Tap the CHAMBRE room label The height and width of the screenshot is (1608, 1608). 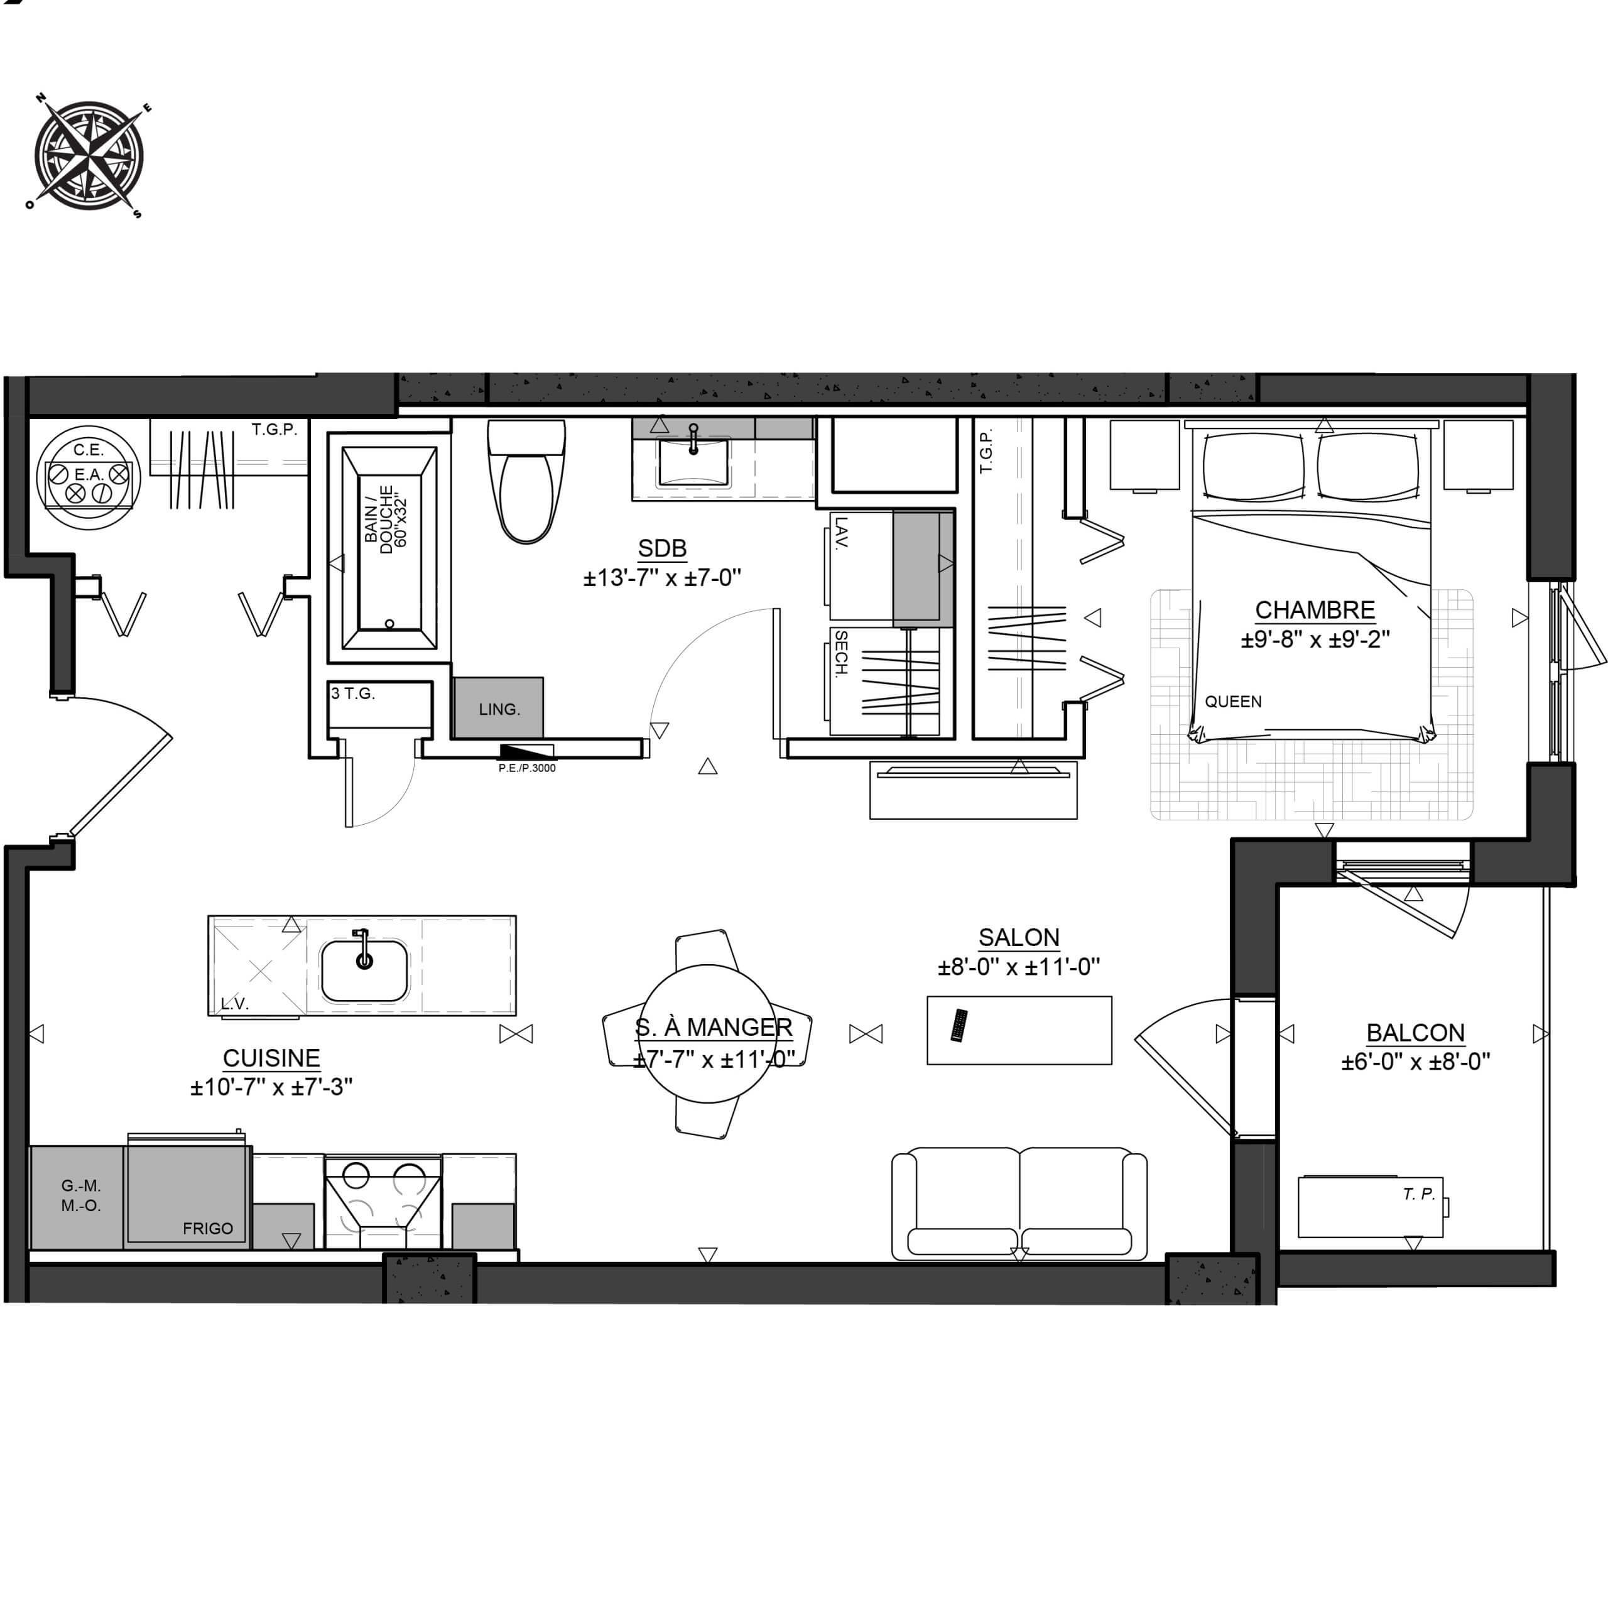pos(1315,610)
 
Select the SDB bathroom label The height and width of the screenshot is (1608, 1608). pos(663,548)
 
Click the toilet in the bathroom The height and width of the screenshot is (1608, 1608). pos(526,481)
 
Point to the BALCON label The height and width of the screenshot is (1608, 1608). pos(1415,1033)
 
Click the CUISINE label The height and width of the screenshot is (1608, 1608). pos(271,1058)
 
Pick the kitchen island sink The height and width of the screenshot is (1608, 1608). pos(364,970)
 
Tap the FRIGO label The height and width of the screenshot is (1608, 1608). pos(208,1229)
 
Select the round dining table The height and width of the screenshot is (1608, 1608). pos(707,1033)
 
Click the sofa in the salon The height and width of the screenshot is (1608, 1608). pos(1019,1203)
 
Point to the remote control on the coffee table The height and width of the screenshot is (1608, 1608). pos(960,1025)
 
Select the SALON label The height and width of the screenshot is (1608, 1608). pos(1019,938)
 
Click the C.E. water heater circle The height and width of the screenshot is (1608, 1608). pos(88,478)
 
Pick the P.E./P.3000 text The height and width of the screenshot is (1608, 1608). pos(527,768)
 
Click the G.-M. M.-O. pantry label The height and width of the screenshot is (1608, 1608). pos(81,1195)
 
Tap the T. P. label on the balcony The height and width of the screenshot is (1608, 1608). pos(1419,1193)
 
